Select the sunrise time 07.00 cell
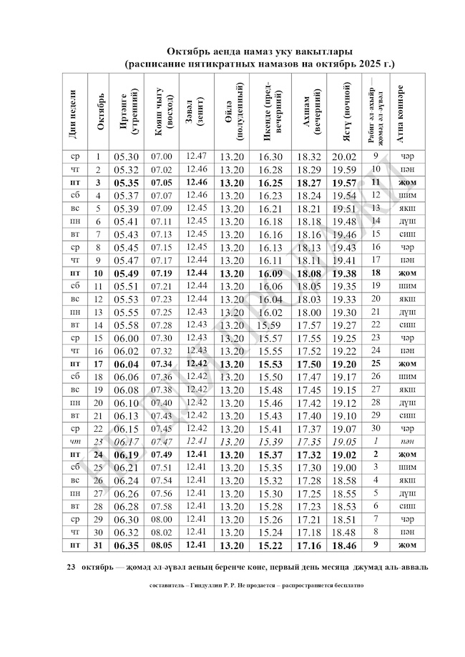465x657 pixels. point(162,156)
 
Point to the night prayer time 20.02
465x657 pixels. point(343,156)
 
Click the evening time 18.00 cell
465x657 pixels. point(309,312)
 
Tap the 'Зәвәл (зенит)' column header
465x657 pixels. point(193,111)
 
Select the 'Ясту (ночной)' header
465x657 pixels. point(343,111)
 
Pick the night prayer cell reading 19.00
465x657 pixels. point(343,467)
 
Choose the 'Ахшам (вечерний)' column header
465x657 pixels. point(309,111)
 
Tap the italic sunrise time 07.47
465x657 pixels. point(162,441)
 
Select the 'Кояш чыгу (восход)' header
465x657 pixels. point(160,111)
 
